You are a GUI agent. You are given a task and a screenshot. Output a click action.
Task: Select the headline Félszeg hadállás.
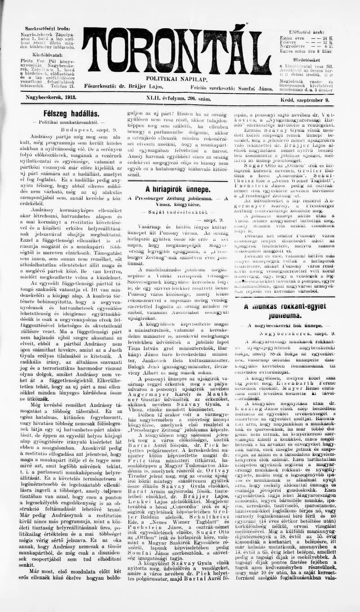tap(72, 114)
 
